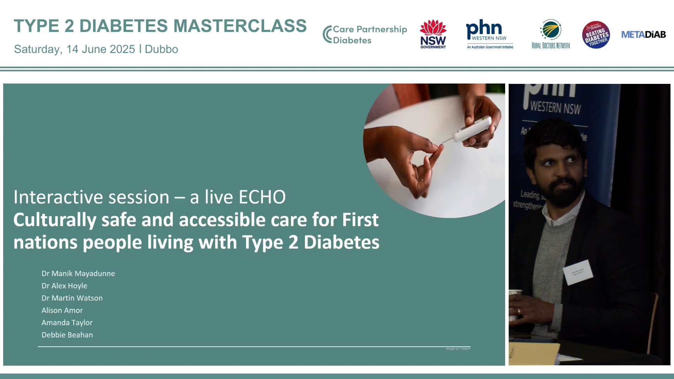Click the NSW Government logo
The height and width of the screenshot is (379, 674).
(x=433, y=34)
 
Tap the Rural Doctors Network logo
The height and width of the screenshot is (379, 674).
(x=551, y=34)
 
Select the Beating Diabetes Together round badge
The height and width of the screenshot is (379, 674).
(x=596, y=35)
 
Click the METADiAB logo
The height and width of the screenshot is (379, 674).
(x=643, y=34)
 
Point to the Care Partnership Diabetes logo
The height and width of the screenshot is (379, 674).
(x=365, y=34)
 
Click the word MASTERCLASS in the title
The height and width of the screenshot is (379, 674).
(x=240, y=26)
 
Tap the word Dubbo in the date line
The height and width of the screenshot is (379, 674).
(x=161, y=49)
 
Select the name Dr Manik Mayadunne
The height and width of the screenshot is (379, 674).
(x=78, y=273)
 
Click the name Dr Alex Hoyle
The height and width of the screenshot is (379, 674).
(x=64, y=286)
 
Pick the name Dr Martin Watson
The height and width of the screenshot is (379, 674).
(x=72, y=298)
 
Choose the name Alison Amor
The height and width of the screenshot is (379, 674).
(x=62, y=310)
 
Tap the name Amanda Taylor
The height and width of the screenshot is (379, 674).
(x=67, y=323)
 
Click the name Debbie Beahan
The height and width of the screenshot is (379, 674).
(x=67, y=335)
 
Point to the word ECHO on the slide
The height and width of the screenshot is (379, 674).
(x=262, y=197)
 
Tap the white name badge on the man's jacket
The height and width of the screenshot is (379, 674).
(x=577, y=272)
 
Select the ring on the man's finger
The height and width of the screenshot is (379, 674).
(x=519, y=311)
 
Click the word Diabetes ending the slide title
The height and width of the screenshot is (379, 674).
(x=341, y=242)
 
